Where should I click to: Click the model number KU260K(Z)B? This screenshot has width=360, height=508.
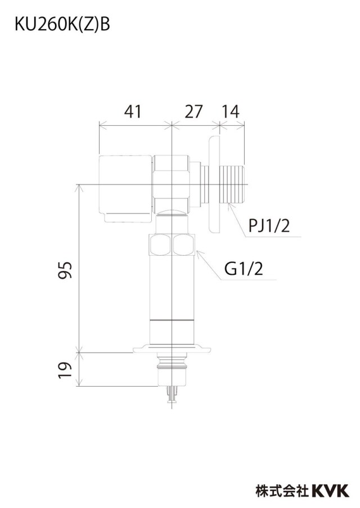(62, 25)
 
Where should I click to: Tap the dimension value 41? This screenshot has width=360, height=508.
(133, 111)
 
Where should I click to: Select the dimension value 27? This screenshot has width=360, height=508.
(193, 111)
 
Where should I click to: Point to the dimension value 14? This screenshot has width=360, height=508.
(230, 111)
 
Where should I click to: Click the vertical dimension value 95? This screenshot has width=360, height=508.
(65, 270)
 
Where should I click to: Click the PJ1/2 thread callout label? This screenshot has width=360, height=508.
(269, 225)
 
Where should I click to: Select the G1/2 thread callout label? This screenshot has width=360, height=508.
(244, 269)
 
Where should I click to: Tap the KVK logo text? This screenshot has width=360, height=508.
(330, 491)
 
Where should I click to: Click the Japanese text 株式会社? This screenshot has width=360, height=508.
(282, 491)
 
